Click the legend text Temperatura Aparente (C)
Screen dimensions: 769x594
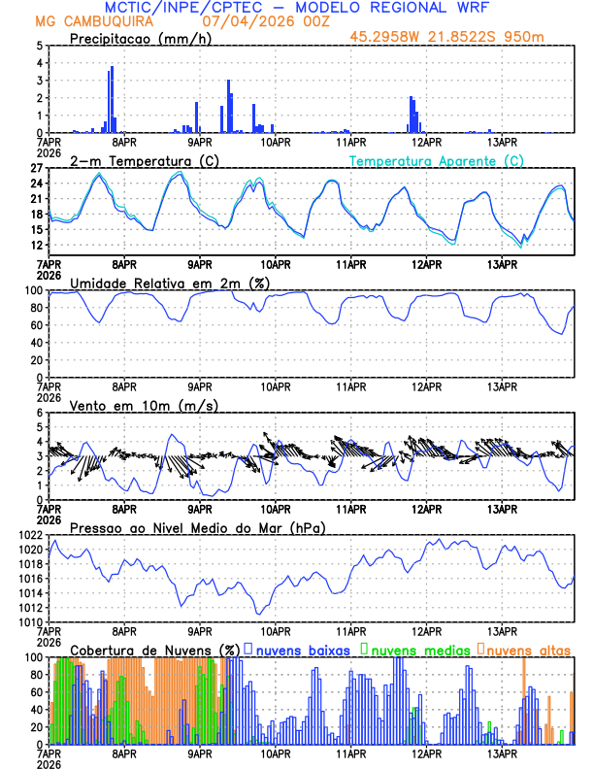click(x=437, y=160)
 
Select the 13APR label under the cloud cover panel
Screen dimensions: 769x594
click(x=501, y=752)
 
